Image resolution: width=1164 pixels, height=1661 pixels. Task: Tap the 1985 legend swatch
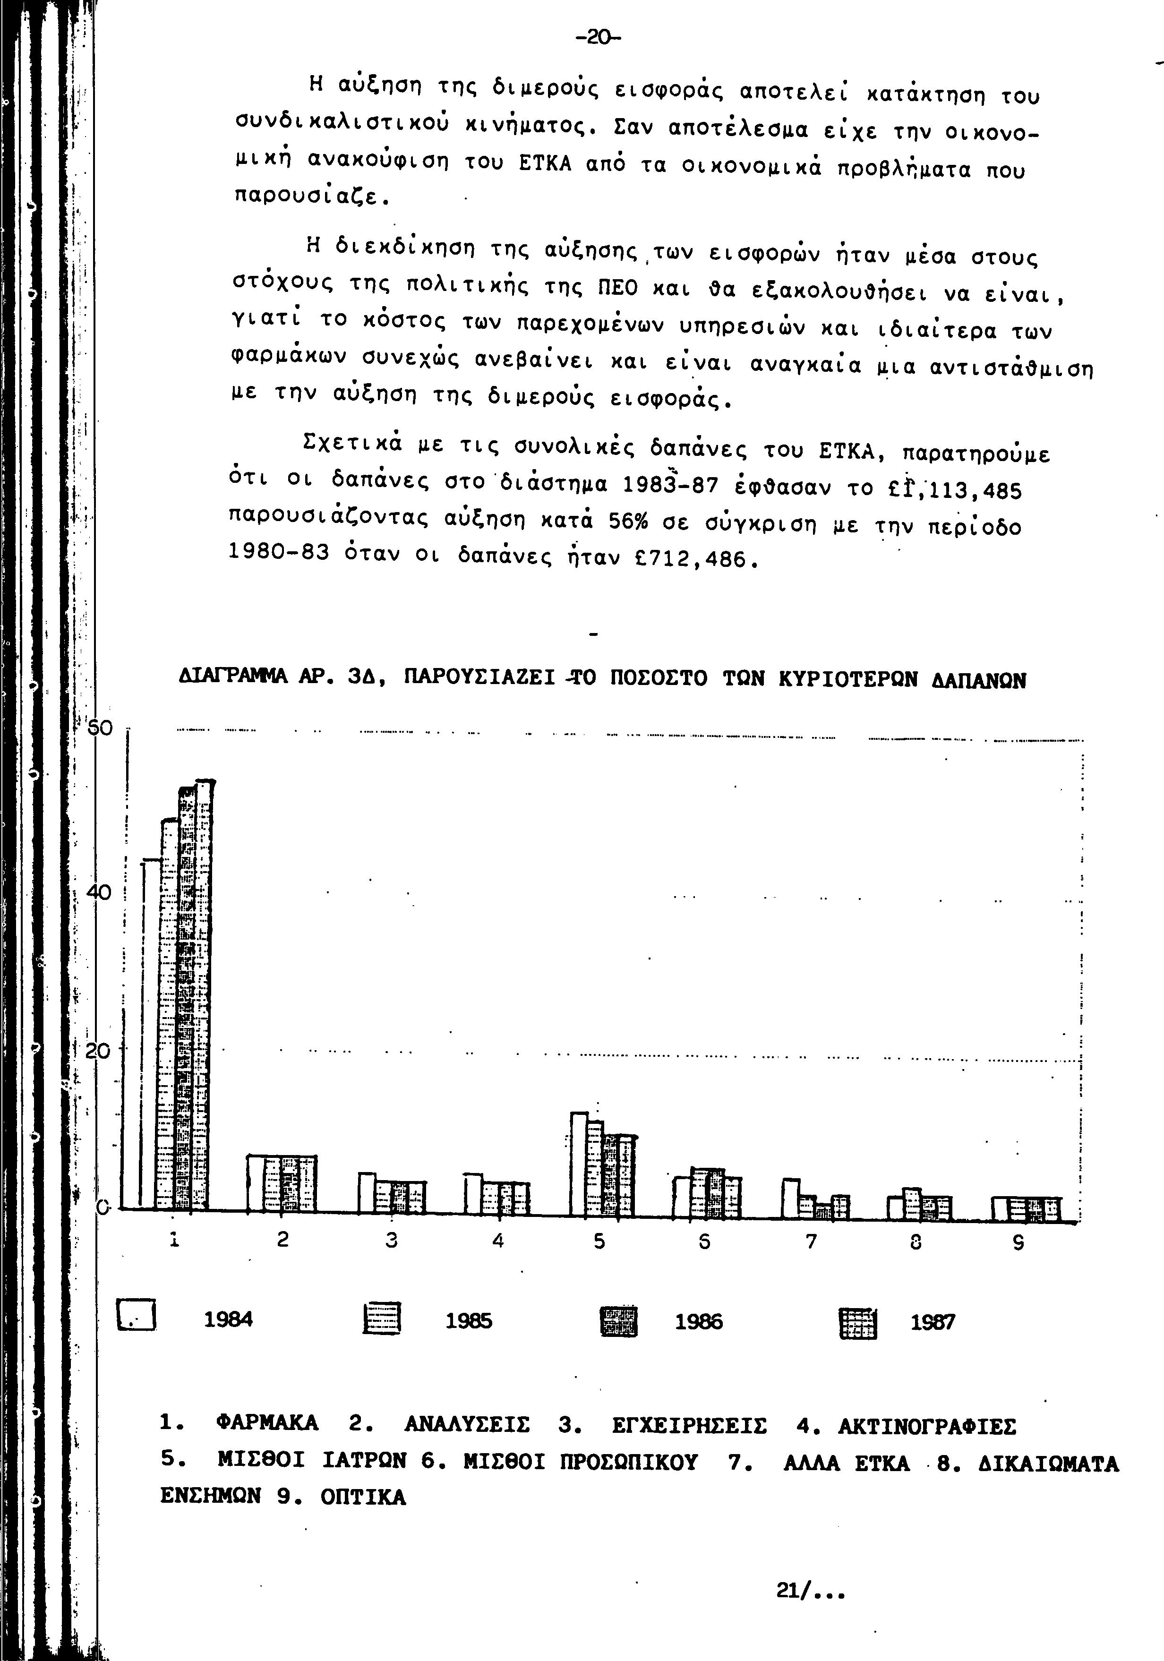(381, 1319)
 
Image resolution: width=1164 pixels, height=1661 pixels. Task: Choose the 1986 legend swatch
(619, 1320)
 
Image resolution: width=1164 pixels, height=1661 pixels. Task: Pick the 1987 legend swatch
(858, 1321)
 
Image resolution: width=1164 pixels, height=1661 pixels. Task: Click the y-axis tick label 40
(98, 893)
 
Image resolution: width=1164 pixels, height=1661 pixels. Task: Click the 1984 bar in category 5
(579, 1164)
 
